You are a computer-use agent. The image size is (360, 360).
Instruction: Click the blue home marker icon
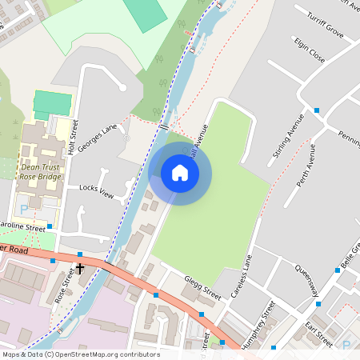(x=180, y=173)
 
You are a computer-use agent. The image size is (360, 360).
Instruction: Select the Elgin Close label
(x=310, y=50)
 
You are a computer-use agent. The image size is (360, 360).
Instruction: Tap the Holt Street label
(x=77, y=136)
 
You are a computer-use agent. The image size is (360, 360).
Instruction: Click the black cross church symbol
(x=80, y=270)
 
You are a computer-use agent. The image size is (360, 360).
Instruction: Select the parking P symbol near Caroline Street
(x=23, y=210)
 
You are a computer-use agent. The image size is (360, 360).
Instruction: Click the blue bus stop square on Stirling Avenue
(x=317, y=110)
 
